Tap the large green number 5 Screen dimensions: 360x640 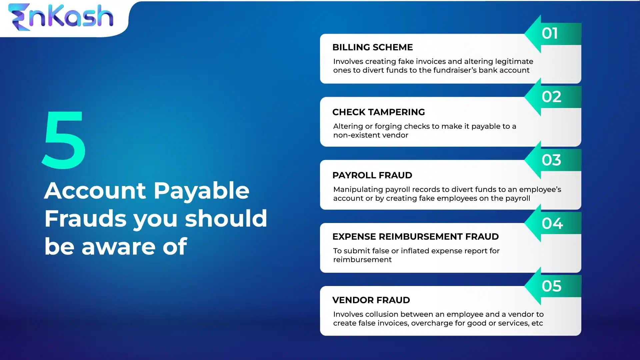pos(64,140)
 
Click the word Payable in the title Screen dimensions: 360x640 pos(201,191)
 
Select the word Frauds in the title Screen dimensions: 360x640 pos(85,219)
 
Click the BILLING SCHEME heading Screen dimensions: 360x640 pos(372,47)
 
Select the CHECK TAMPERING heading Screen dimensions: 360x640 pos(378,112)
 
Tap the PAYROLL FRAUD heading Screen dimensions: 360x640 pos(372,175)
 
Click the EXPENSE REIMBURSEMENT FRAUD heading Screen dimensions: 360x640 pos(415,237)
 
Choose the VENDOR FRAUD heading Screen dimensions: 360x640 pos(371,300)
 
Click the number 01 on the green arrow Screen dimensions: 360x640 pos(550,34)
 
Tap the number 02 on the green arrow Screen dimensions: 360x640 pos(551,97)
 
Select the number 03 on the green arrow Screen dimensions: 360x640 pos(551,160)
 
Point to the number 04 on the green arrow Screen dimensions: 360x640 pos(552,223)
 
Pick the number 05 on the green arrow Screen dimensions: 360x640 pos(551,286)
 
